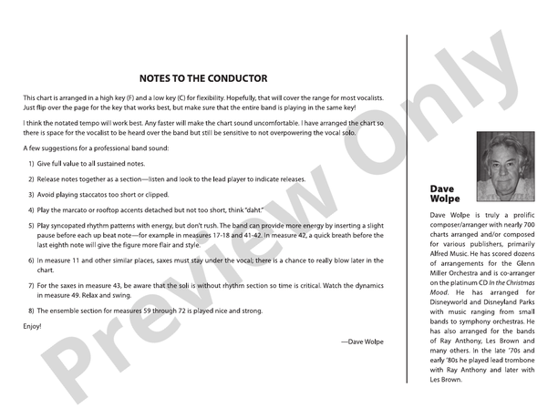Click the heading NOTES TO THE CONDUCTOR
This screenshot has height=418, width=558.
click(203, 78)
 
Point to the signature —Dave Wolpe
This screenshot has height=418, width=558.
click(362, 342)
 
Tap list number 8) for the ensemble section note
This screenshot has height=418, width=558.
click(31, 311)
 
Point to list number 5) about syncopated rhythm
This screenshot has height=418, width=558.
click(31, 224)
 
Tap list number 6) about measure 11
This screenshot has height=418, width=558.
click(31, 260)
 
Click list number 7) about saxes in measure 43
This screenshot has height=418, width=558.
click(31, 285)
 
